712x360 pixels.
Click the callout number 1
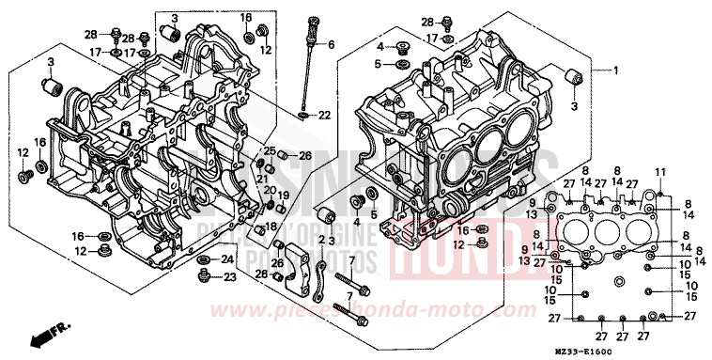click(x=616, y=71)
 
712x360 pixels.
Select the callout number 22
click(x=324, y=116)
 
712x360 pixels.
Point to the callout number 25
click(x=269, y=154)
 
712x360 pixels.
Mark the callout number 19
click(x=281, y=195)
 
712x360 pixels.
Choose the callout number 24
click(x=227, y=258)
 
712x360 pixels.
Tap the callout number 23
click(x=229, y=277)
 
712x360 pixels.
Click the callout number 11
click(x=659, y=171)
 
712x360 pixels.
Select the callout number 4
click(x=380, y=46)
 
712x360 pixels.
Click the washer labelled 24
click(x=204, y=258)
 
